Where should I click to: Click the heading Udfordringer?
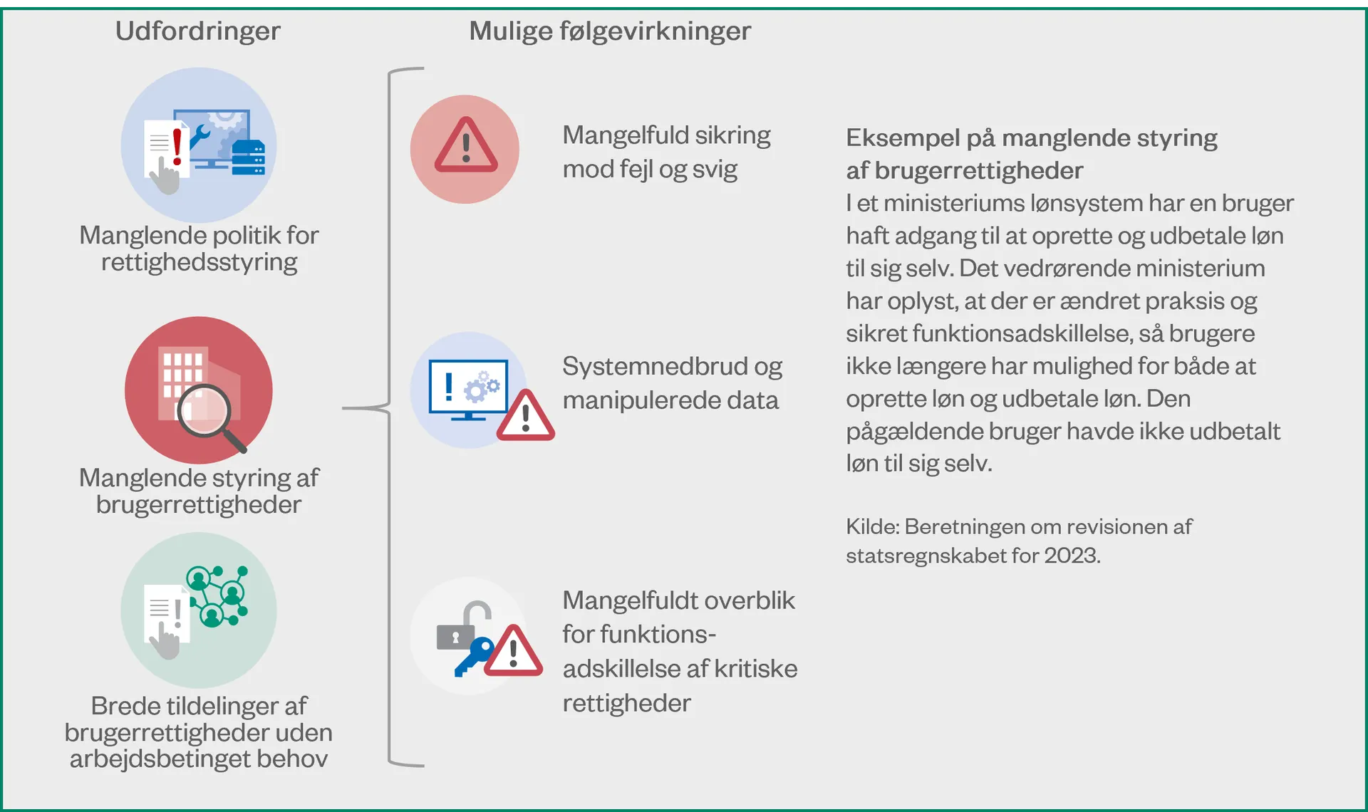198,31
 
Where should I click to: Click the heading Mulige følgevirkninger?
610,31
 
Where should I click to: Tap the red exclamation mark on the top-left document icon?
177,146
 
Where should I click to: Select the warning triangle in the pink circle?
466,145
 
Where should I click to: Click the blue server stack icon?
249,157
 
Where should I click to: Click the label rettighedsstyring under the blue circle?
199,262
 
